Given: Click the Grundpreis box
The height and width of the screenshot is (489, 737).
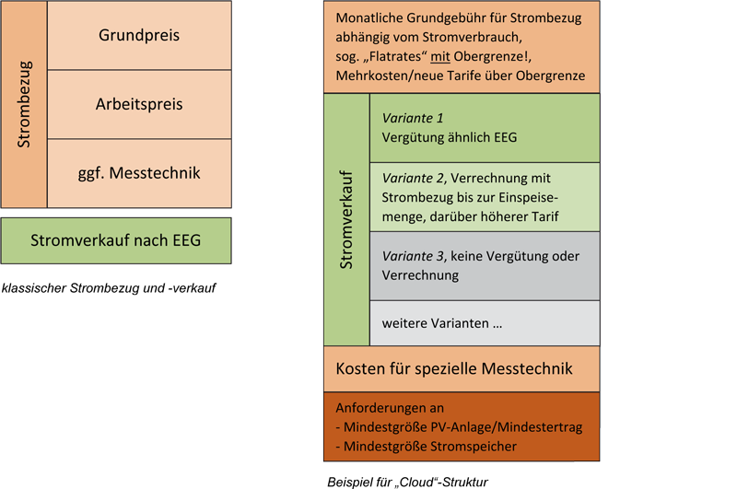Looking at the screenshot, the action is tap(139, 35).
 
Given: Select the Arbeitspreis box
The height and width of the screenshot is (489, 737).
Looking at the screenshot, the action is tap(139, 104).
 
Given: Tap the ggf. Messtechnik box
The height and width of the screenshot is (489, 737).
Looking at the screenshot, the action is tap(139, 173).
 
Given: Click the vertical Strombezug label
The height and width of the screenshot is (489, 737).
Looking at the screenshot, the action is tap(24, 104).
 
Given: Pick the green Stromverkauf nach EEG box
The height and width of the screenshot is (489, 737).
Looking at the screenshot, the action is tap(116, 240).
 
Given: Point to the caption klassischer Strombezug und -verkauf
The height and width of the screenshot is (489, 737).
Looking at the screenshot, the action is tap(109, 288).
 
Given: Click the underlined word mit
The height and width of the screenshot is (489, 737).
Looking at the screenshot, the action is tap(440, 56).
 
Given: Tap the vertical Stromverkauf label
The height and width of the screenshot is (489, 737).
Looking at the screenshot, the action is tap(346, 220).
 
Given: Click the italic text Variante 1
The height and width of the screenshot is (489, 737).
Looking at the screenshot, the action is tap(413, 118).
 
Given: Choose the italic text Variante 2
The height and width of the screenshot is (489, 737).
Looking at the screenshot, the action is tap(413, 178).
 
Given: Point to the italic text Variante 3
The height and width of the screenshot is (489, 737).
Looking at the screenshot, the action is tap(413, 256).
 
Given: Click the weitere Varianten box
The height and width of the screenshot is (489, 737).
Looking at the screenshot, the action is tap(485, 323).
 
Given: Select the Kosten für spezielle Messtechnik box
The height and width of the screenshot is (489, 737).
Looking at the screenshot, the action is tap(462, 368).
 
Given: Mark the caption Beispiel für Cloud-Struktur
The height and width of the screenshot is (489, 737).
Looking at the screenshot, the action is tap(407, 482).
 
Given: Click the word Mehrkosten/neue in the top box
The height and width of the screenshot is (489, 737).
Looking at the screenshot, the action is tap(385, 76).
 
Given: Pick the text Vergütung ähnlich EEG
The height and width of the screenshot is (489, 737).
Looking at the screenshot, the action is tap(450, 137).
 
